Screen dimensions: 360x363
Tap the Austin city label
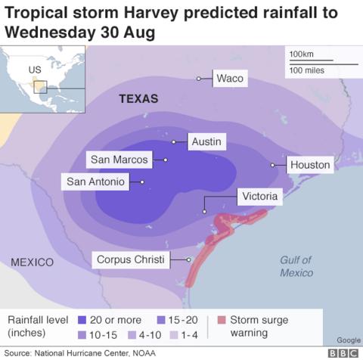point(206,141)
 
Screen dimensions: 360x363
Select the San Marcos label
point(119,160)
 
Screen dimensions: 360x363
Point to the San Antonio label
point(95,182)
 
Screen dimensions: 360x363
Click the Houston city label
point(309,165)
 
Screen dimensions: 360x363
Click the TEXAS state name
point(138,99)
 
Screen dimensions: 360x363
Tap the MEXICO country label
point(33,262)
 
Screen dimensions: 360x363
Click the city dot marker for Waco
point(200,79)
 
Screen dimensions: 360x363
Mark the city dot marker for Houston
point(273,165)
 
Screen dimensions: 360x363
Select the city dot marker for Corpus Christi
point(188,260)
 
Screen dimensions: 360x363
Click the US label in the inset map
point(34,70)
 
